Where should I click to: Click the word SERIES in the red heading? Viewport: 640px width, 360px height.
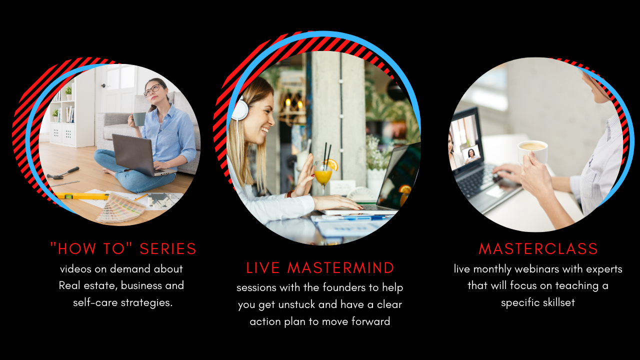(167, 248)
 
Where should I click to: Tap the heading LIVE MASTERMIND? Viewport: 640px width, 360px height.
(320, 268)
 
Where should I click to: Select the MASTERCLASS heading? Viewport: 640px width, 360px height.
(538, 248)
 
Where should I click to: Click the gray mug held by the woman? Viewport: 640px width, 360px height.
(138, 119)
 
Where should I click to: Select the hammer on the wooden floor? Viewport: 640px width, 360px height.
(63, 173)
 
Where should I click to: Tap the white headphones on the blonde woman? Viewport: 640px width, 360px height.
(239, 109)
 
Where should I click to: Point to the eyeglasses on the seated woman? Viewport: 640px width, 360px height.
(153, 89)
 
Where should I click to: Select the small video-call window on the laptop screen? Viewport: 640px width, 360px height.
(471, 154)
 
